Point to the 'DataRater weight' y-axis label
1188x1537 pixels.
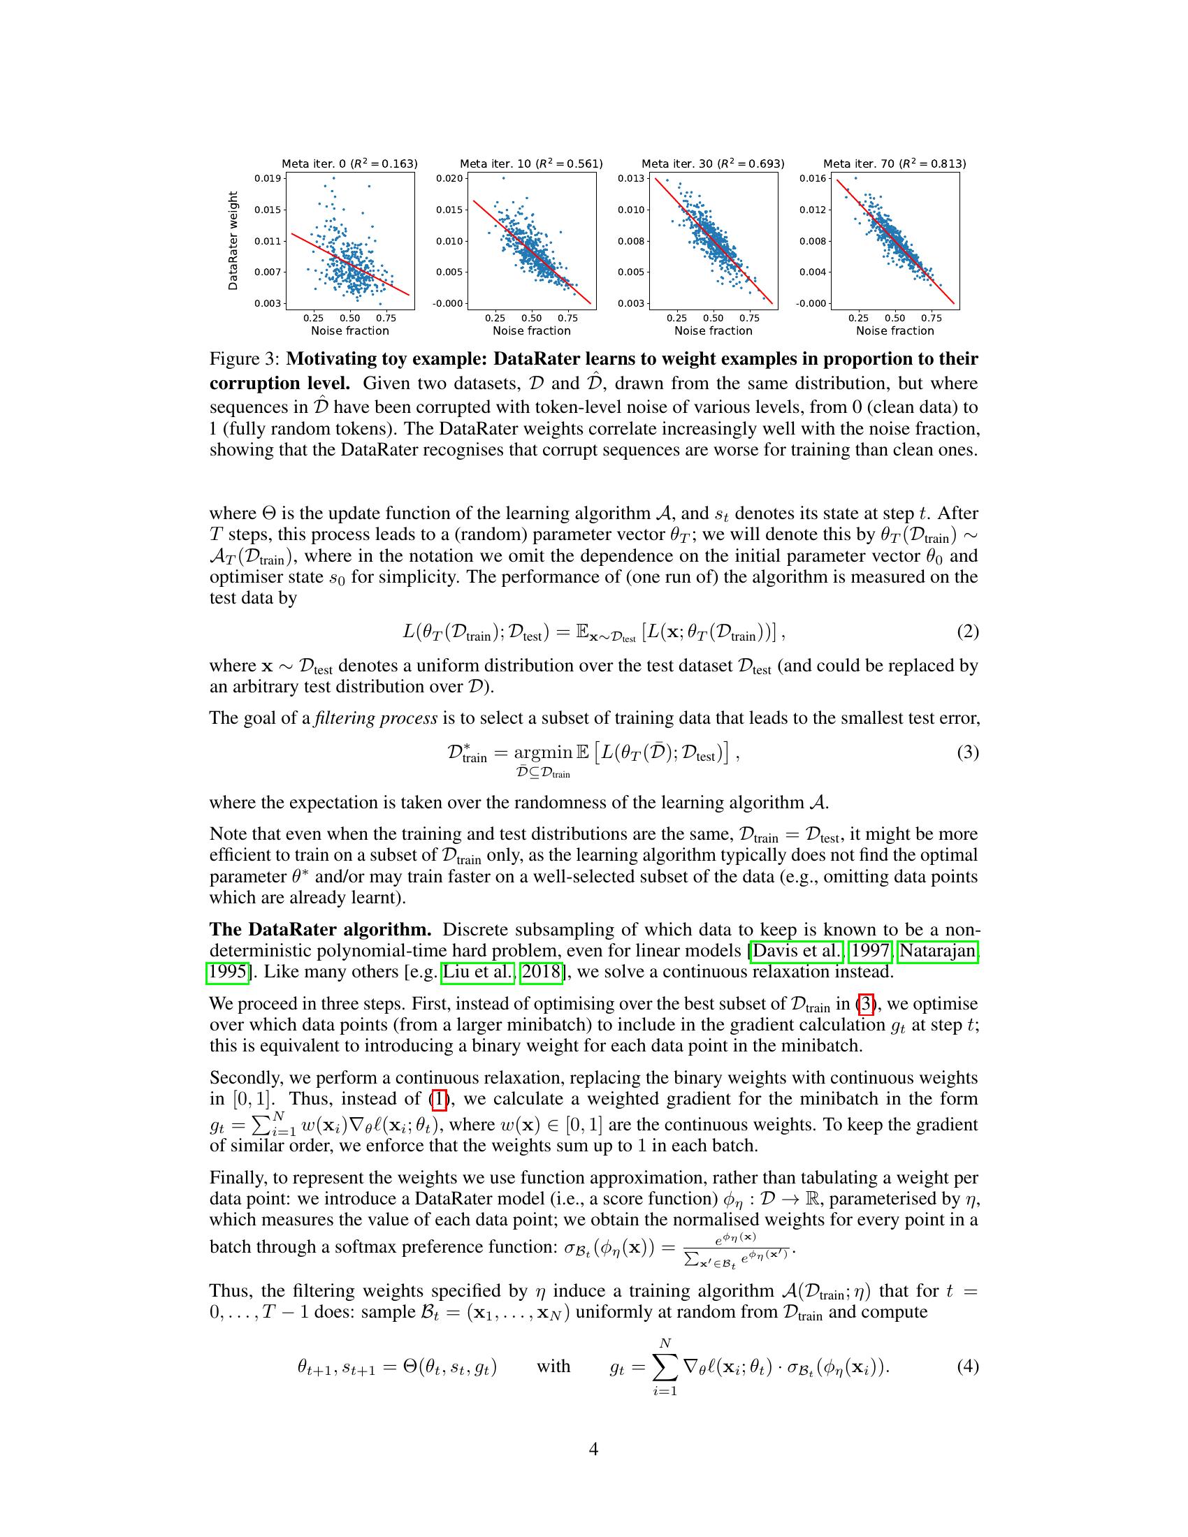pyautogui.click(x=233, y=241)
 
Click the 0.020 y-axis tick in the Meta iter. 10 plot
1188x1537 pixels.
pyautogui.click(x=449, y=179)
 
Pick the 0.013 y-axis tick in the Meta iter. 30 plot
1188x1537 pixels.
pyautogui.click(x=630, y=179)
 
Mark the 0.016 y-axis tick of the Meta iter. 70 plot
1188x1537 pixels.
pyautogui.click(x=812, y=179)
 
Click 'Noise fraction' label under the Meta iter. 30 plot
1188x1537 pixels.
pyautogui.click(x=713, y=330)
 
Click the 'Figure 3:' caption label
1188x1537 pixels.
pyautogui.click(x=245, y=360)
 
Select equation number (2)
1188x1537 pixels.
pyautogui.click(x=967, y=632)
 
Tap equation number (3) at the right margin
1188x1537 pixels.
pyautogui.click(x=967, y=753)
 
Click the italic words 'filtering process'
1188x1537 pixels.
pyautogui.click(x=376, y=718)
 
